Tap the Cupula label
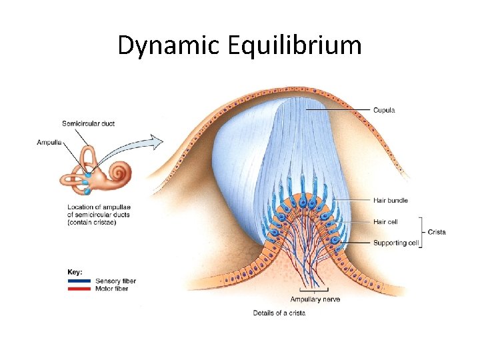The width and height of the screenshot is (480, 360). [x=384, y=110]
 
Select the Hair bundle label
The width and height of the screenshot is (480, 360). [x=391, y=200]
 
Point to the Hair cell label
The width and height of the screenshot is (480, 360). [x=386, y=221]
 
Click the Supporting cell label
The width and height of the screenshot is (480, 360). [x=396, y=243]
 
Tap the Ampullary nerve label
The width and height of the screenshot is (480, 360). [x=314, y=299]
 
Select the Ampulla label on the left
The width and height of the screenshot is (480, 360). [x=51, y=142]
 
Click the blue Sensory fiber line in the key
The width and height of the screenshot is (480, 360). [x=79, y=281]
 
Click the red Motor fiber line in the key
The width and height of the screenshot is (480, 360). [x=79, y=289]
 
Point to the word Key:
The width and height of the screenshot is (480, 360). [x=75, y=272]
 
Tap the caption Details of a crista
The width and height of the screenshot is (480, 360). [x=279, y=313]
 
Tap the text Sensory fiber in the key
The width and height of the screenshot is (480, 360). [x=116, y=281]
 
